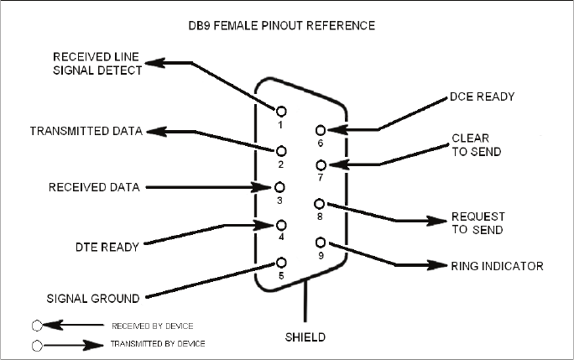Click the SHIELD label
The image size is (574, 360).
tap(305, 337)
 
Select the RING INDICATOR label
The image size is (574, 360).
tap(497, 266)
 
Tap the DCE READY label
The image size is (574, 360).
tap(483, 97)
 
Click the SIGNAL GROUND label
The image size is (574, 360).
tap(93, 299)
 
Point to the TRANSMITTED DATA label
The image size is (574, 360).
tap(86, 131)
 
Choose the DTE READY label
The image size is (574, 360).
tap(107, 248)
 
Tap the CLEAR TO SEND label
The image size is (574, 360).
tap(477, 145)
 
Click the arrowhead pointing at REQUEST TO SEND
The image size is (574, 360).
tap(437, 221)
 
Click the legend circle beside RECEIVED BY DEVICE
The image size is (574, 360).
tap(37, 326)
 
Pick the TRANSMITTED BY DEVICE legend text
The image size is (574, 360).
tap(158, 344)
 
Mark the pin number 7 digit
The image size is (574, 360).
tap(321, 178)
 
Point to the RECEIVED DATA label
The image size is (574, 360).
tap(94, 187)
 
